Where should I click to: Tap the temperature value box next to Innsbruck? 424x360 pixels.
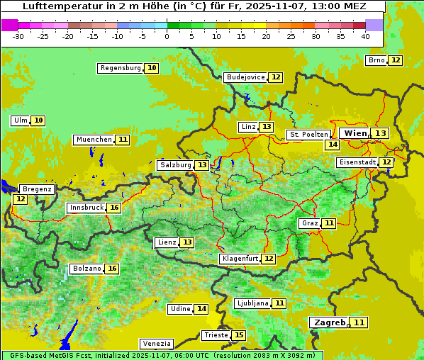pos(114,208)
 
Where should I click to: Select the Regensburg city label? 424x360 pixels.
pos(121,68)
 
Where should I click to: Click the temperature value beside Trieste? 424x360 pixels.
pos(239,335)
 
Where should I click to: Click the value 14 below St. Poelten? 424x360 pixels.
pos(332,145)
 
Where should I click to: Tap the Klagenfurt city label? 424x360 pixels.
pos(240,259)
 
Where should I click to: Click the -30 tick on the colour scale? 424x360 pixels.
pos(18,36)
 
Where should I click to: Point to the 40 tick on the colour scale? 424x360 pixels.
pos(365,36)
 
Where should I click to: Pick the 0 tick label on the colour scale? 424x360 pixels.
pos(167,36)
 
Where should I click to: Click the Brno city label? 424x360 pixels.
pos(376,60)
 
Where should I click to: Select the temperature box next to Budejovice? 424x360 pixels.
pos(276,77)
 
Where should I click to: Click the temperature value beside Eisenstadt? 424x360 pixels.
pos(386,162)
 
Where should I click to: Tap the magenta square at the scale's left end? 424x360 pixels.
pos(10,25)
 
